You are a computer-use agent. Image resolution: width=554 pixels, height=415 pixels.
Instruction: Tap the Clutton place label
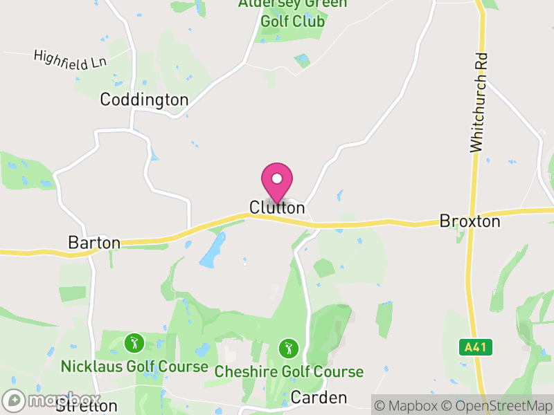click(277, 207)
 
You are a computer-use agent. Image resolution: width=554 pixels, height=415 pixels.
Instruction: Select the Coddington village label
click(144, 100)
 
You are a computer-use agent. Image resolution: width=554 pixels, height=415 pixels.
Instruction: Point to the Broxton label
click(470, 221)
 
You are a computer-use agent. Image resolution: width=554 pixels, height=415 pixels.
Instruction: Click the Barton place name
click(94, 243)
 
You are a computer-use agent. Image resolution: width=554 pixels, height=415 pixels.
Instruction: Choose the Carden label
click(319, 398)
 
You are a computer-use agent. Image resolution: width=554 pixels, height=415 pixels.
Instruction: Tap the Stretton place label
click(87, 406)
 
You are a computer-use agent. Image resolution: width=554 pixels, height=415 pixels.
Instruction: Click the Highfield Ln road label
click(69, 59)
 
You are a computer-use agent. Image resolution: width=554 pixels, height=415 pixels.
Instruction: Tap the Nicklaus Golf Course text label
click(134, 366)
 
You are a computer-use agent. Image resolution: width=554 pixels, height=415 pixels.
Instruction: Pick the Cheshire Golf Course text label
click(289, 371)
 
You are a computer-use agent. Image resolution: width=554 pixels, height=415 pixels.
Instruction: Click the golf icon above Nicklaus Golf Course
click(134, 342)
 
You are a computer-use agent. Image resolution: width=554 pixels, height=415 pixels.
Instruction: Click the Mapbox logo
click(52, 400)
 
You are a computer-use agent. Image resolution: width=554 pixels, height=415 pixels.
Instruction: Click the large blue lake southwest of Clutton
click(213, 250)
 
